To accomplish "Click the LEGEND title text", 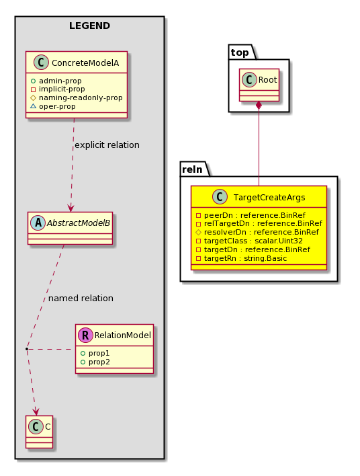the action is [x=89, y=26].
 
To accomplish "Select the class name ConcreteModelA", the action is [x=85, y=63].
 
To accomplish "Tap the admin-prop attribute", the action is [x=56, y=81].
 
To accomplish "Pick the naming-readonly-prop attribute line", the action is [x=77, y=97].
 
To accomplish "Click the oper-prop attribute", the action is [x=53, y=106].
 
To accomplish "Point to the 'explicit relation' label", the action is [x=107, y=145].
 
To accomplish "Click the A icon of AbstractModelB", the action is [x=38, y=223].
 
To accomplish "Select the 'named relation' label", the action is [x=81, y=299].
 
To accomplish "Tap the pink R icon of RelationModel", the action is [x=85, y=335].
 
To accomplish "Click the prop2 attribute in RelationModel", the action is [x=95, y=362].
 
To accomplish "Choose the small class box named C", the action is [x=40, y=432].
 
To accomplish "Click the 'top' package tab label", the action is [x=240, y=52].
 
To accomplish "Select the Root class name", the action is [x=267, y=80].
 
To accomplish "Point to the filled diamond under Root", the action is [x=259, y=106].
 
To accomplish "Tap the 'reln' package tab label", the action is [x=192, y=169].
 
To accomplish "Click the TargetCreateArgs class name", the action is [x=269, y=197].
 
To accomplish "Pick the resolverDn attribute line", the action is [x=257, y=232].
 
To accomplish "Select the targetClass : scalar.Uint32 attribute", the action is [x=249, y=241].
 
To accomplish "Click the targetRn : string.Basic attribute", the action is [x=241, y=258].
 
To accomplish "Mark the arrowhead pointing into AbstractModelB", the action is [x=71, y=208].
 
